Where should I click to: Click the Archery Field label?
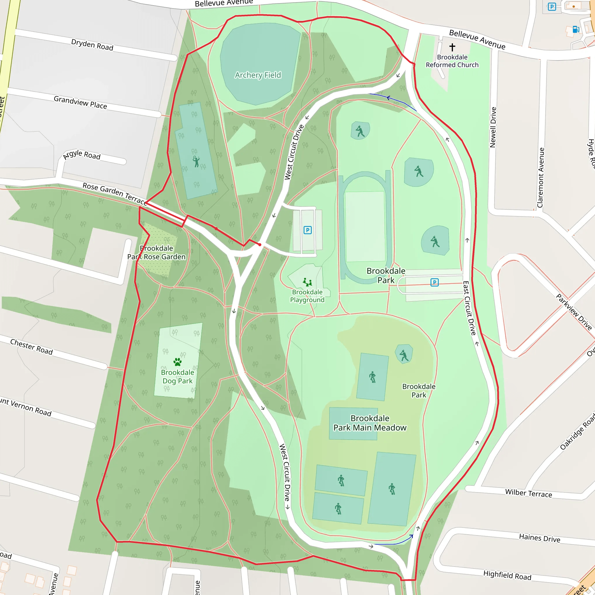(258, 75)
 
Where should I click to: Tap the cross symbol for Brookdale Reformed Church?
(452, 47)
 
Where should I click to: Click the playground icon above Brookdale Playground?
(307, 282)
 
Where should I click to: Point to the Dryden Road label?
(92, 45)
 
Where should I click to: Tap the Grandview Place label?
(80, 102)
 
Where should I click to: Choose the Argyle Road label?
(82, 155)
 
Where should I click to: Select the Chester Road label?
(31, 347)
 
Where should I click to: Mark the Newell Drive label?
(493, 127)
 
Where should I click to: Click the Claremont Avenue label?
(541, 178)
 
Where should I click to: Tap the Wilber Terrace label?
(528, 493)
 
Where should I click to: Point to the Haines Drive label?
(540, 538)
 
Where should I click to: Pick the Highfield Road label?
(507, 575)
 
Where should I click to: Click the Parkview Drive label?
(574, 312)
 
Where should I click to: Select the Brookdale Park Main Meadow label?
(370, 423)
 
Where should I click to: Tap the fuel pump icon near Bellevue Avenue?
(576, 29)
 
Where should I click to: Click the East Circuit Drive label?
(469, 308)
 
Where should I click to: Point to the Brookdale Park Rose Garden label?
(157, 252)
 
